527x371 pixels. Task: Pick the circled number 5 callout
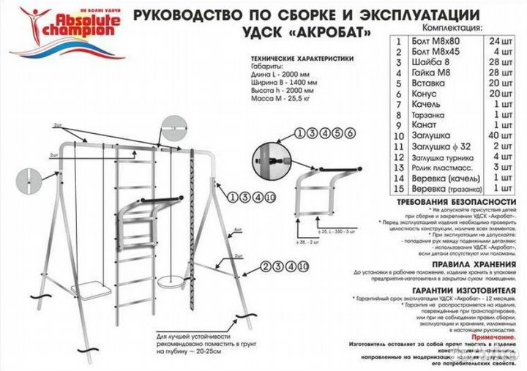click(x=337, y=132)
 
